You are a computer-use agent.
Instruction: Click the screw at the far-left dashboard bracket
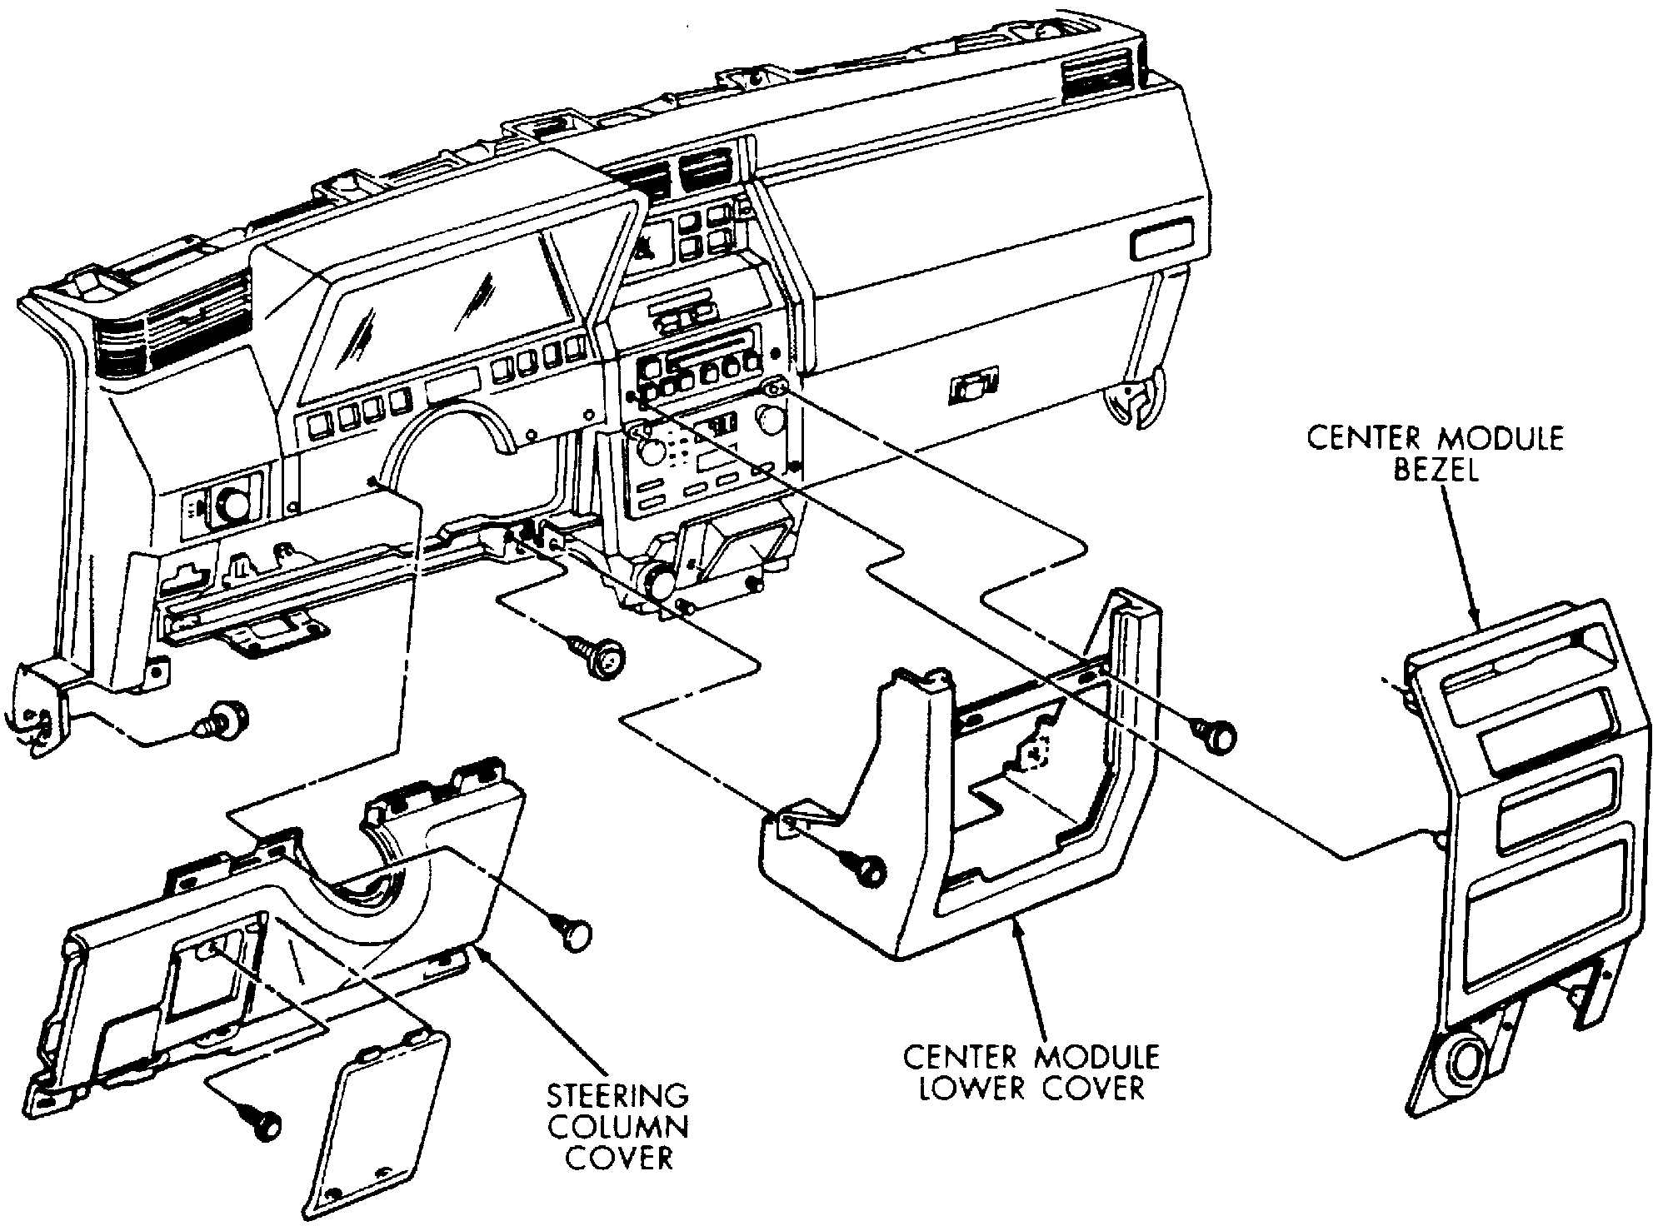coord(223,718)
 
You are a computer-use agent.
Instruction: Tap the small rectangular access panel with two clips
coord(380,1124)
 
